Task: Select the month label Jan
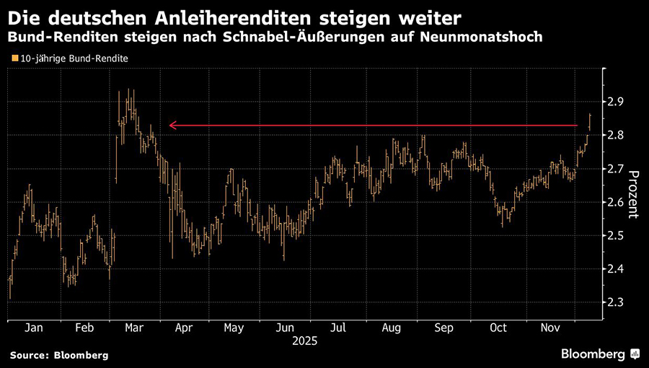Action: pyautogui.click(x=33, y=328)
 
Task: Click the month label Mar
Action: pyautogui.click(x=134, y=328)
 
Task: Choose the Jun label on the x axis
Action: pyautogui.click(x=284, y=328)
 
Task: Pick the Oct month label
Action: pyautogui.click(x=498, y=328)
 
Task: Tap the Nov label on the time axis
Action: pyautogui.click(x=550, y=328)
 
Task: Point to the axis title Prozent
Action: pyautogui.click(x=635, y=193)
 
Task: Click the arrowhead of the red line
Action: pyautogui.click(x=172, y=126)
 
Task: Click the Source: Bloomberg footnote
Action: pyautogui.click(x=59, y=355)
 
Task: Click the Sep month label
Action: pyautogui.click(x=444, y=328)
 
